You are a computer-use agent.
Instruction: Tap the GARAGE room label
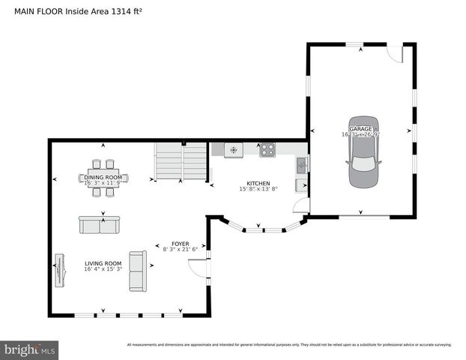coord(360,130)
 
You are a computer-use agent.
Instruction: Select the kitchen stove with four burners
coord(267,150)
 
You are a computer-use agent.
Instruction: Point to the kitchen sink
coord(301,166)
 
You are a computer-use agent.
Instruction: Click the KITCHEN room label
coord(258,183)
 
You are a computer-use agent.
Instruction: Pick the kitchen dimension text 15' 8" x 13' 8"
coord(258,189)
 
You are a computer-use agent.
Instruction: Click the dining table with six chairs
coord(104,178)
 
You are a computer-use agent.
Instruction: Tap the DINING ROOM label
coord(103,177)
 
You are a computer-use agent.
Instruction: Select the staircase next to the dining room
coord(181,160)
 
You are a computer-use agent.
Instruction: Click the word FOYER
coord(180,244)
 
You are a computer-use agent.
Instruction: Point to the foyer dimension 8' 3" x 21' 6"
coord(180,249)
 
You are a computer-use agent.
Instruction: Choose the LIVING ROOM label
coord(103,263)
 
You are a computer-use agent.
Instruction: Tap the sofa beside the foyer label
coord(138,271)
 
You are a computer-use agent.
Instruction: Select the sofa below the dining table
coord(99,225)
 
